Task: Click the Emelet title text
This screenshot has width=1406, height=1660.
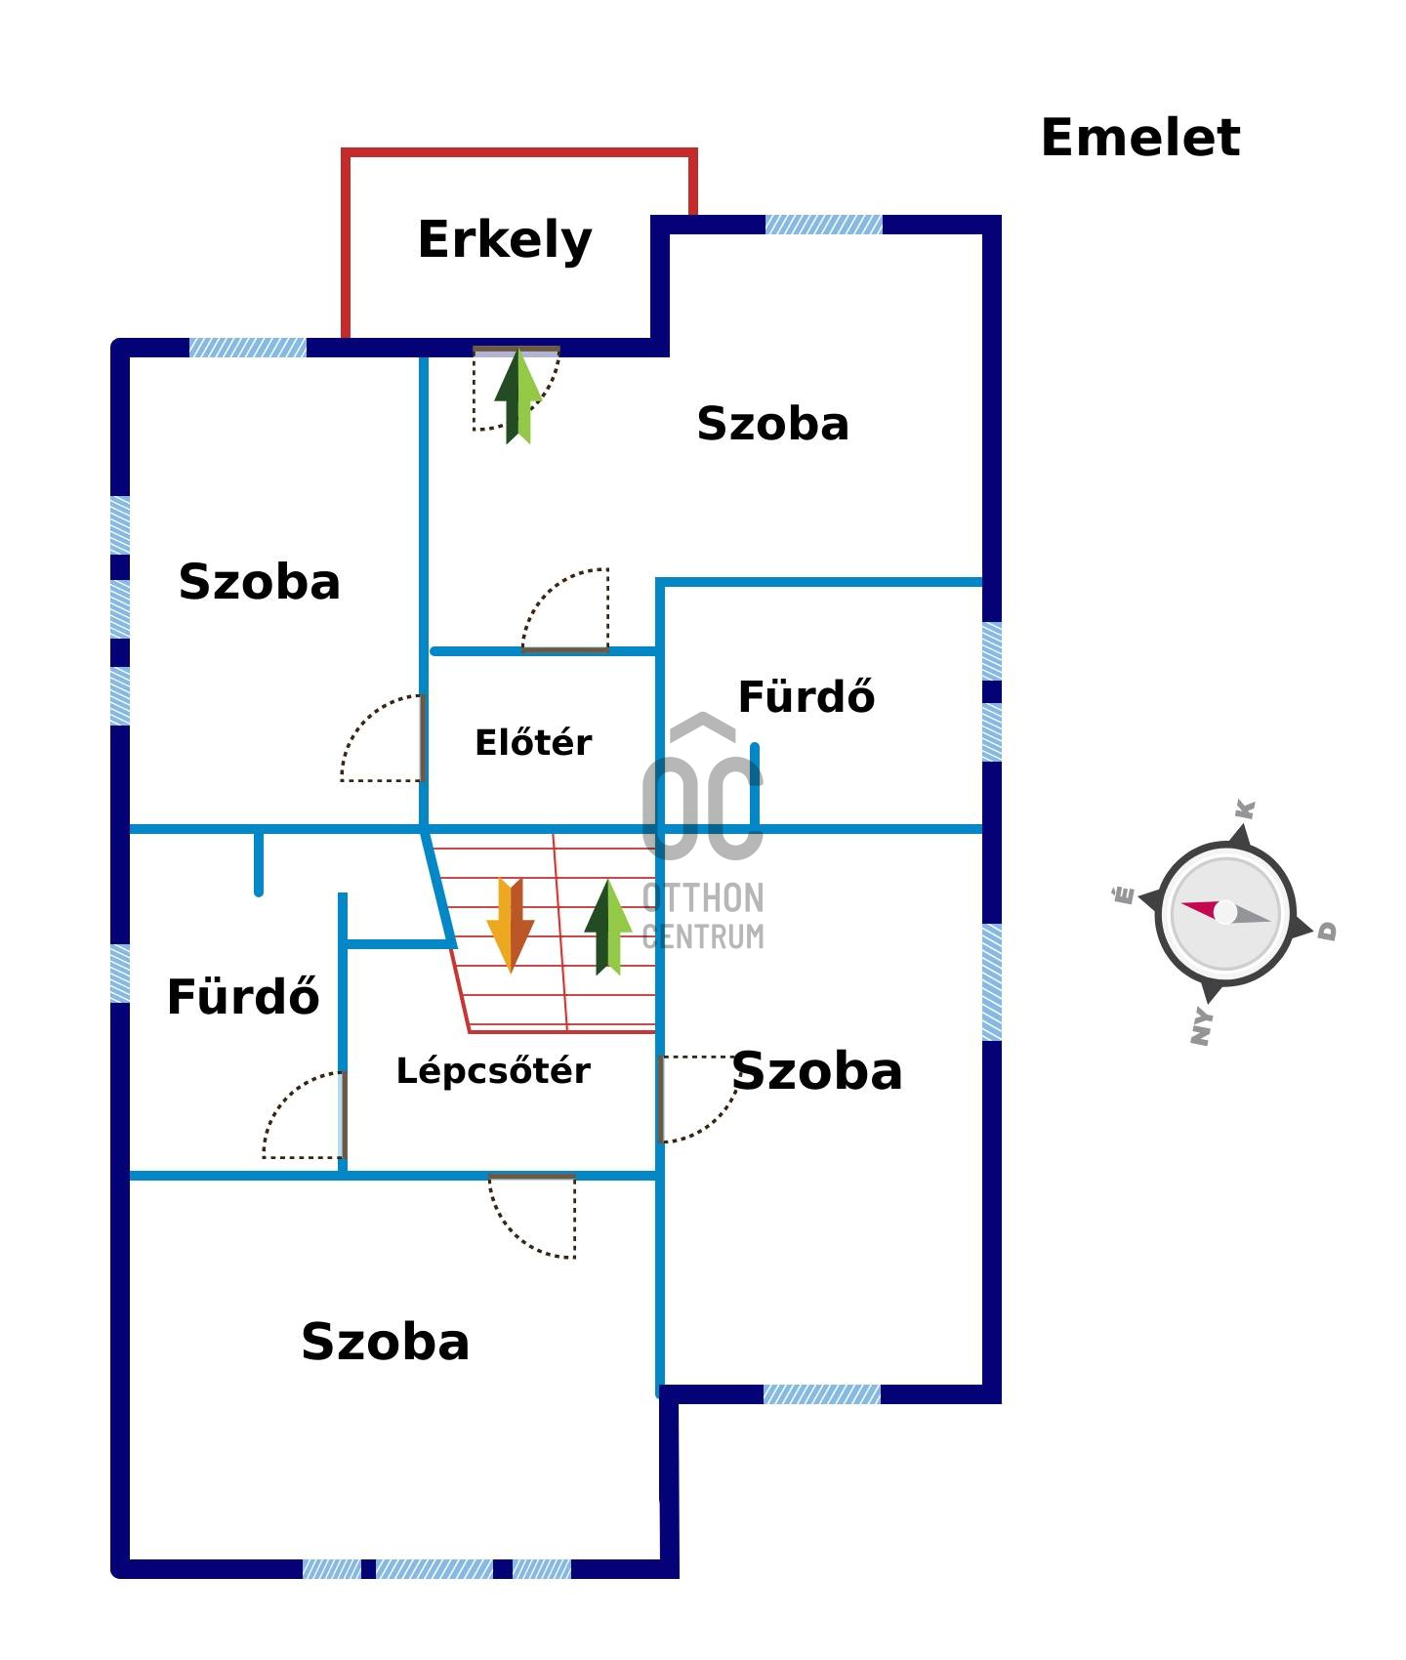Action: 1140,138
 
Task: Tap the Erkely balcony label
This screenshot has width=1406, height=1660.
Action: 505,240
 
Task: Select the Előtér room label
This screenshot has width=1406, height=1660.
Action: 533,742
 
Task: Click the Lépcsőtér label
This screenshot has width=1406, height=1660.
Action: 493,1070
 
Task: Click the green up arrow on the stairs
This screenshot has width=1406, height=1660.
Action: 607,927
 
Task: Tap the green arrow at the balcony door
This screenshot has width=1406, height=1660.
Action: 517,396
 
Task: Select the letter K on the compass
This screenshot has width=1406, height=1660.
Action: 1245,809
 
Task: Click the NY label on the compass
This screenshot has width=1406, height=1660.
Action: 1202,1026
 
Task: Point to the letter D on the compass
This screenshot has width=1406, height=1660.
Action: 1327,931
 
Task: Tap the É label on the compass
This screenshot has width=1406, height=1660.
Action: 1124,894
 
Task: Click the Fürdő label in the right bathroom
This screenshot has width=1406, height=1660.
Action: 806,697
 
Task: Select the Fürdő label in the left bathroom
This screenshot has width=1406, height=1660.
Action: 243,997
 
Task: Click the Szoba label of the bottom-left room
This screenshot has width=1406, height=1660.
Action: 386,1342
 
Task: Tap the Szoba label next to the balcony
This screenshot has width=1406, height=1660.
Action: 772,424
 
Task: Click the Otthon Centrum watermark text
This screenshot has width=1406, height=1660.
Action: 703,916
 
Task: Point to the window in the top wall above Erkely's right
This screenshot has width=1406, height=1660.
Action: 823,225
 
